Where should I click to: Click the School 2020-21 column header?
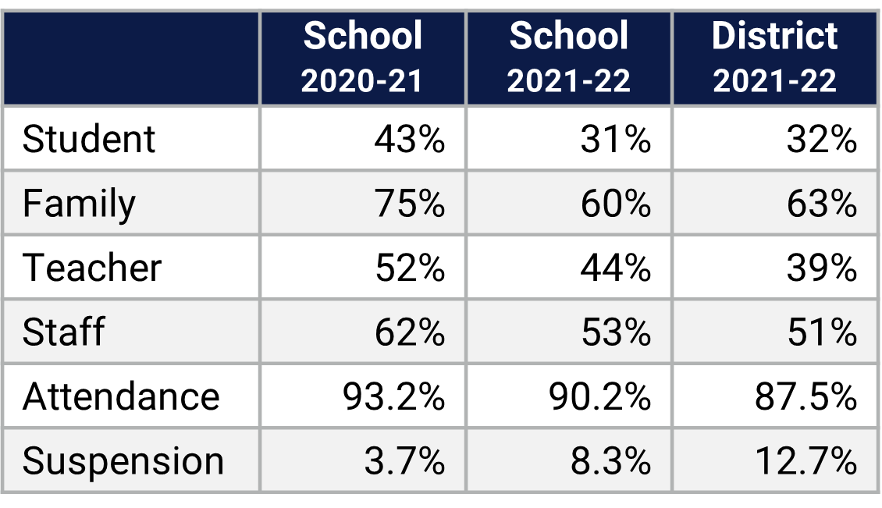click(x=362, y=59)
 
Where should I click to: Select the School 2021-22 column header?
click(x=568, y=59)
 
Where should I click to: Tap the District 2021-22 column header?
click(x=774, y=59)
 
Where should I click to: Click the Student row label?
click(x=89, y=140)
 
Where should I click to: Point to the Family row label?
click(x=79, y=204)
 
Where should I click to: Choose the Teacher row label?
click(x=92, y=268)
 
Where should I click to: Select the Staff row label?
click(x=63, y=332)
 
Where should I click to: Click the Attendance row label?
click(x=121, y=396)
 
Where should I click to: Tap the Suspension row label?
click(x=123, y=461)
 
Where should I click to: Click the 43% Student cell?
click(x=409, y=140)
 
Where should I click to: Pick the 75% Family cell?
click(x=409, y=204)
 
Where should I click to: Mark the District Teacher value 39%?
click(x=821, y=268)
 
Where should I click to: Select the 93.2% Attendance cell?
click(x=393, y=396)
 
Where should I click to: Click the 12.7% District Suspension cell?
click(x=806, y=461)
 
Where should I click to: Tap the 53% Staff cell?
click(x=615, y=332)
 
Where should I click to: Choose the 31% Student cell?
click(x=615, y=140)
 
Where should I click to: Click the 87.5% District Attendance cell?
click(x=806, y=396)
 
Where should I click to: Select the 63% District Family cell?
click(x=821, y=204)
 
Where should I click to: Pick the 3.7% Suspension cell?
click(x=404, y=461)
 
